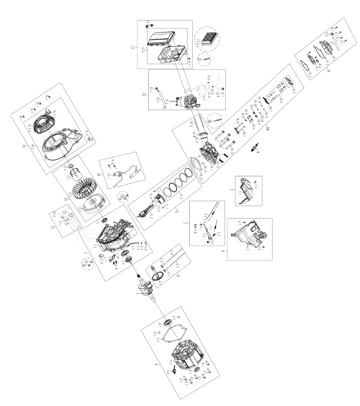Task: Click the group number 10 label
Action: [268, 128]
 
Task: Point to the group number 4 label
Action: [155, 364]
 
